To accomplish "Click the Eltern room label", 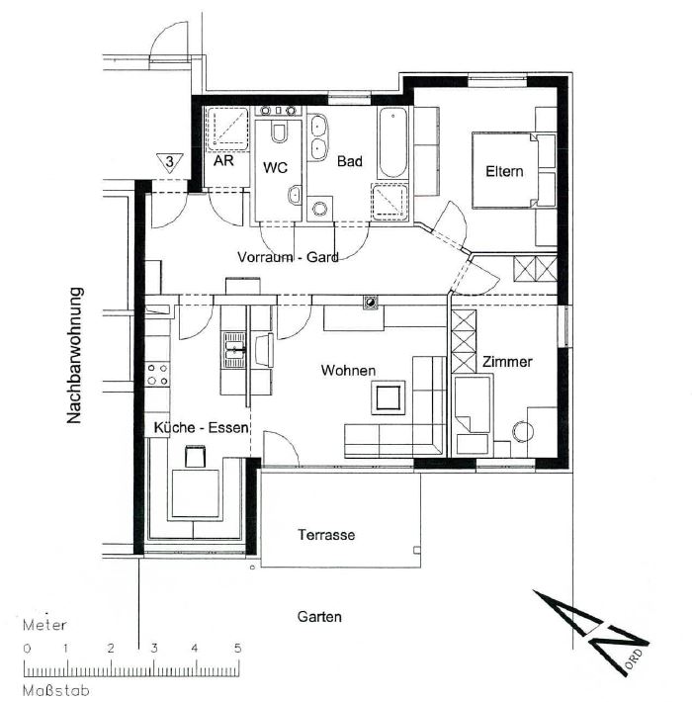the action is coord(504,171).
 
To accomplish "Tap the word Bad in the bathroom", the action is coord(350,161).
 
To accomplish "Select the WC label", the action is coord(275,168).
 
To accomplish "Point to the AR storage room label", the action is coord(223,161).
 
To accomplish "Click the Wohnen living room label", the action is coord(348,371).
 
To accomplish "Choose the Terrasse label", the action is coord(326,535).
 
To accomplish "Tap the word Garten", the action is coord(319,617).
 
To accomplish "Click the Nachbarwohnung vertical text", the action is coord(74,356).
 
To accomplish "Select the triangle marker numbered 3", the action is coord(170,162).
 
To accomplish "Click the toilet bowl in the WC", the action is coord(280,132).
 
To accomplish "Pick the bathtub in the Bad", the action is coord(393,142).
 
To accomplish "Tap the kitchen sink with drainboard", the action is coord(234,350).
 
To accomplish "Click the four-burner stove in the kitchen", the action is coord(157,375).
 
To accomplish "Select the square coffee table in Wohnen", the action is coord(389,397).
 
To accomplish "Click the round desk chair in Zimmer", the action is coord(522,432).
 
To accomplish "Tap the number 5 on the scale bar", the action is coord(237,648).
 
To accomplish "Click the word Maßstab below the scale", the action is coord(56,690).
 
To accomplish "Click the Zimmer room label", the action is coord(507,362).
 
